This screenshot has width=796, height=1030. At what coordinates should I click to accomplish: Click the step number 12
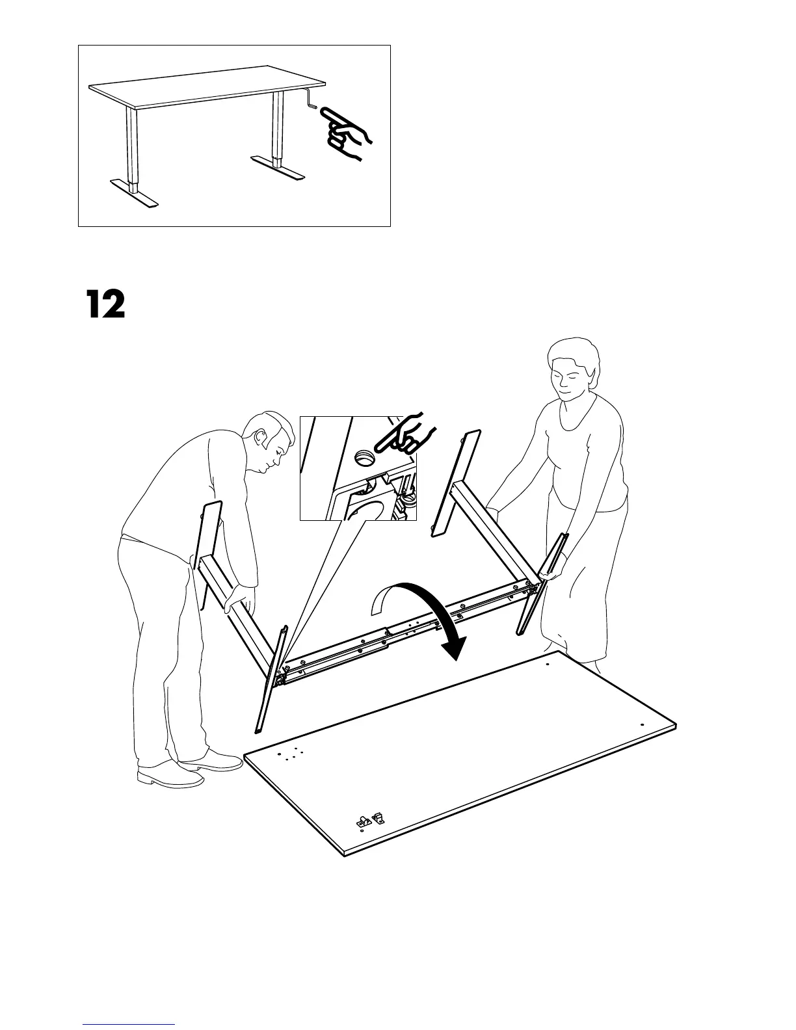105,304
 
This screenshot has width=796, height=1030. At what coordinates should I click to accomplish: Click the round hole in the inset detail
365,458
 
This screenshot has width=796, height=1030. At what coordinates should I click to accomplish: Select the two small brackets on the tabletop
369,819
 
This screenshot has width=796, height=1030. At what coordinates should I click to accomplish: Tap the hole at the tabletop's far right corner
642,724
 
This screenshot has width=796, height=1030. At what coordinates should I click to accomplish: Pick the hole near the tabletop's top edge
547,665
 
